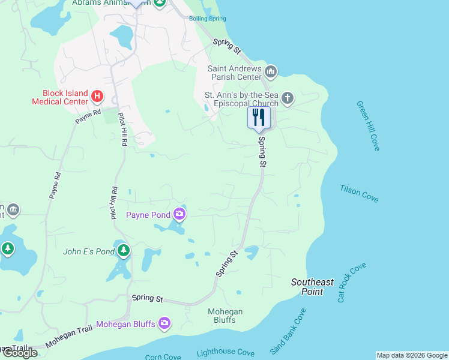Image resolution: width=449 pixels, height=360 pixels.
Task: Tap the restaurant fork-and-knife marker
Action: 259,117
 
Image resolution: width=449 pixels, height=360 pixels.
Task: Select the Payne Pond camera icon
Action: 179,214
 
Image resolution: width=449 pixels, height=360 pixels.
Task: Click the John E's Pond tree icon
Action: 123,250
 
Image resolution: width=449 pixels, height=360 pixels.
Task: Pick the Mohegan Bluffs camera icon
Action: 165,324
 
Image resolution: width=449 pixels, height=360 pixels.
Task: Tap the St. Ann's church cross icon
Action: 288,98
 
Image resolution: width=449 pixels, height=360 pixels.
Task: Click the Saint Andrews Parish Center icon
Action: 271,73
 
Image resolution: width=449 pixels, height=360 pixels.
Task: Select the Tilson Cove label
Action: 359,193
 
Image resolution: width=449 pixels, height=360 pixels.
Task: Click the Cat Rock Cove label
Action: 351,281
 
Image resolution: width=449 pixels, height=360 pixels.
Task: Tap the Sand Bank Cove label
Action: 288,331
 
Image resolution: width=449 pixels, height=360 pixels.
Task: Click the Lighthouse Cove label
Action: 225,353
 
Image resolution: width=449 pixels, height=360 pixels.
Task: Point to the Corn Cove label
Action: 163,356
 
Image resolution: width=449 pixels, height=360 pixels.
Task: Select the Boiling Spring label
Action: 208,19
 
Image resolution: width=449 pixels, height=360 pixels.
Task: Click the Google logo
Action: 20,353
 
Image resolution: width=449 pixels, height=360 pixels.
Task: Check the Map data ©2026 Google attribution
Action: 411,355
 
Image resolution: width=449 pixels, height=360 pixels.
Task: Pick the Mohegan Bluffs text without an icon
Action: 225,316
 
